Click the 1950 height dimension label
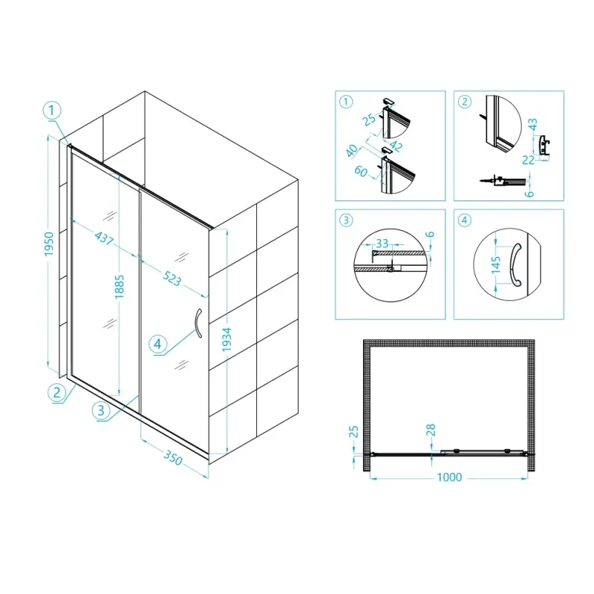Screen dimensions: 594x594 click(49, 244)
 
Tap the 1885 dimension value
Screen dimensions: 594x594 click(120, 287)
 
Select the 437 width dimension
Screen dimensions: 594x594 click(104, 238)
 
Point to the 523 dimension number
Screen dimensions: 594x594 click(172, 278)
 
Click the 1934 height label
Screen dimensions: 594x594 click(226, 339)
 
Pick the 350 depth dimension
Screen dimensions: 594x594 click(173, 457)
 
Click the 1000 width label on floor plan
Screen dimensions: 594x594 click(449, 477)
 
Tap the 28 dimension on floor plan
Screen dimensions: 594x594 click(431, 431)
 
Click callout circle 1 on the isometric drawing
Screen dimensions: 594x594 click(52, 111)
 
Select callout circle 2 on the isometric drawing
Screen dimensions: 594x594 click(57, 393)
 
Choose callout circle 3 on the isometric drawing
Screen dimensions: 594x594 click(101, 411)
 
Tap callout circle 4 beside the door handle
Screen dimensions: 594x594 click(157, 344)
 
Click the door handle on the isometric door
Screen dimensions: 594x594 click(198, 323)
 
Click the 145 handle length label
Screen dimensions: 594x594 click(496, 265)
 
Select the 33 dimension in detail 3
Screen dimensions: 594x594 click(382, 244)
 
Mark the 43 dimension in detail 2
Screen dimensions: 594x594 click(532, 125)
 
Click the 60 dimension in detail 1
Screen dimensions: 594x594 click(361, 172)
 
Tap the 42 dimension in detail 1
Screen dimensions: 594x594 click(396, 146)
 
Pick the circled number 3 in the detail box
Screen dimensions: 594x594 click(346, 220)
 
